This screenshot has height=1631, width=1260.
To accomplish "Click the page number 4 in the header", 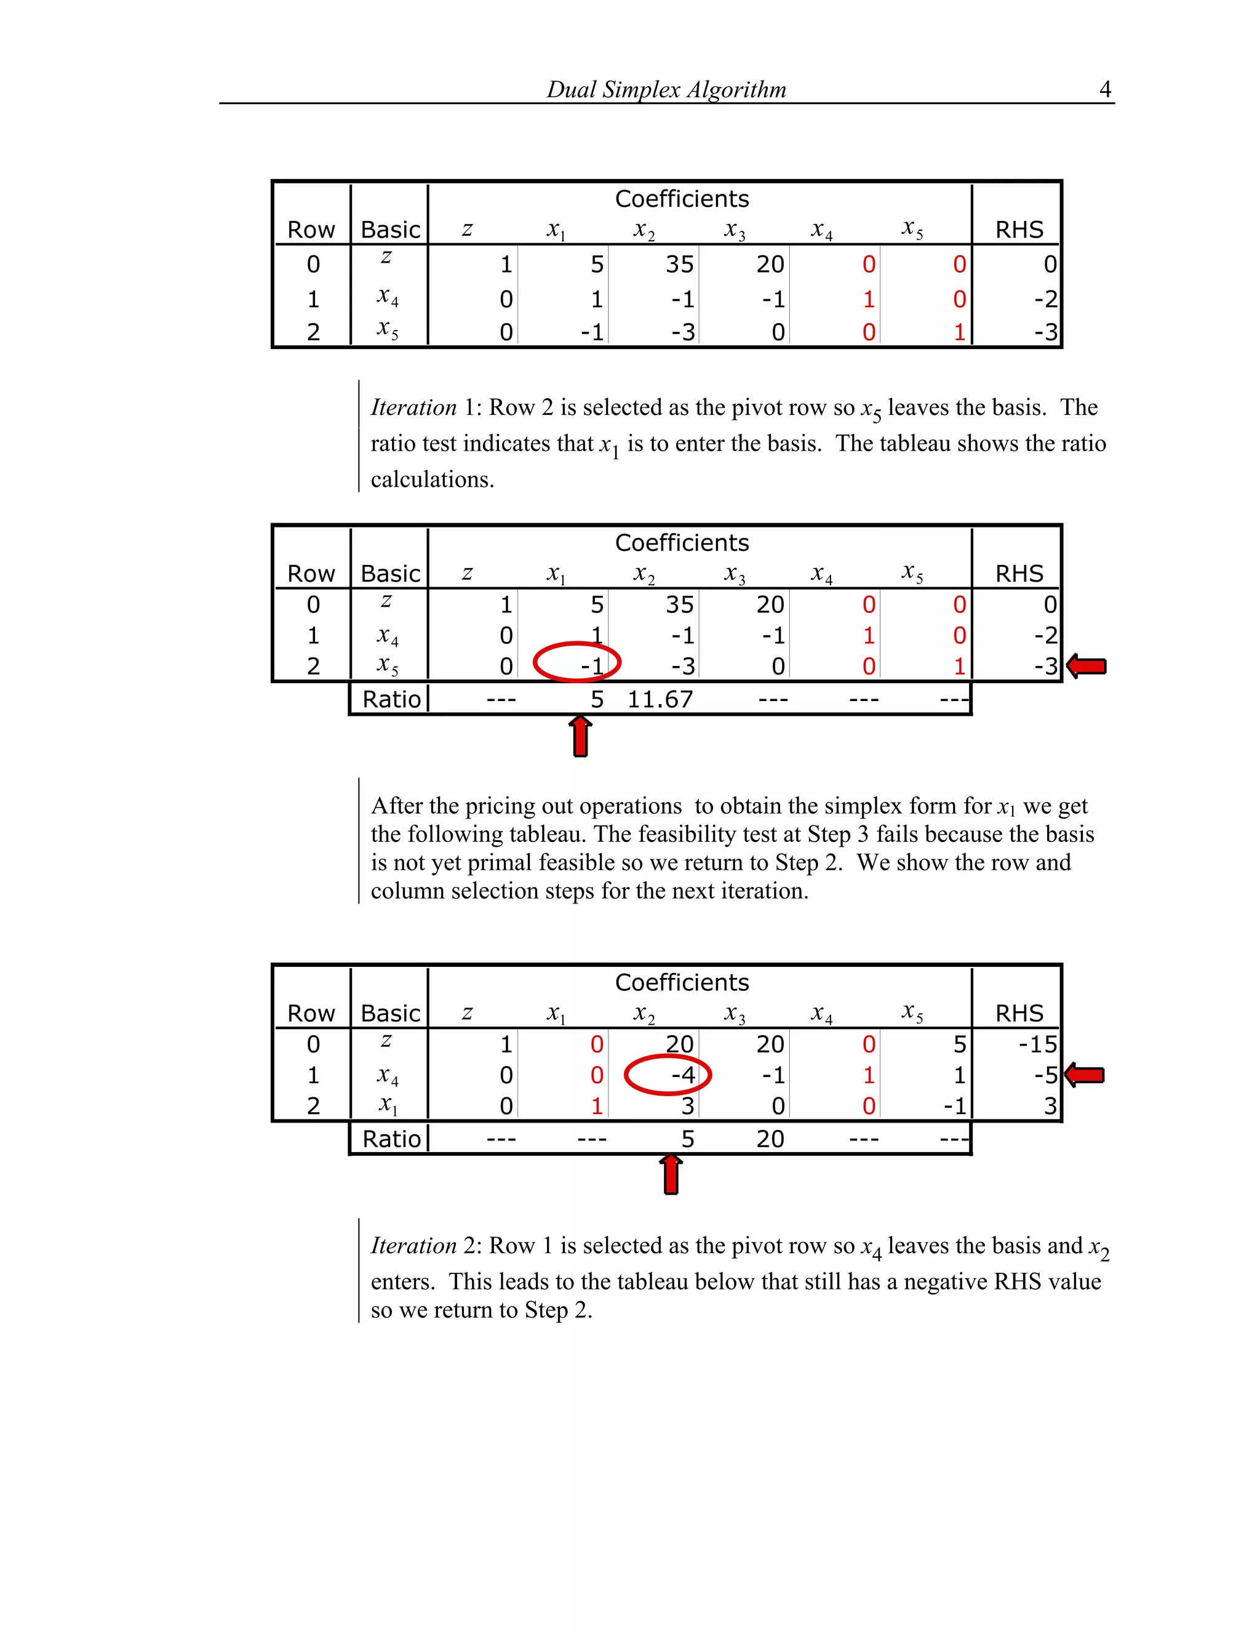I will click(1105, 90).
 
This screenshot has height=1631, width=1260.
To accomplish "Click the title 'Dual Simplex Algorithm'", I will click(666, 90).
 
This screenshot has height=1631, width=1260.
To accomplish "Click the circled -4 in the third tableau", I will click(682, 1075).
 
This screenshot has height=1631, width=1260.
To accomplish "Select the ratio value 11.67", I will click(660, 699).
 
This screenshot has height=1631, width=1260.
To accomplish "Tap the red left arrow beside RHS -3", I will click(1087, 665).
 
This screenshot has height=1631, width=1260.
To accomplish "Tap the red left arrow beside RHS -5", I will click(1085, 1075).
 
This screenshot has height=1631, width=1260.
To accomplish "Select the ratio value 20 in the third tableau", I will click(770, 1139).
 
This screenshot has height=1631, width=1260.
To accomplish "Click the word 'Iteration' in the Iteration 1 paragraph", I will click(413, 407).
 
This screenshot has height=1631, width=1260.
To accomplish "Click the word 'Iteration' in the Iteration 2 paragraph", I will click(413, 1245).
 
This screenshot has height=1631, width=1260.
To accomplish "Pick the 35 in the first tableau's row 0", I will click(679, 265).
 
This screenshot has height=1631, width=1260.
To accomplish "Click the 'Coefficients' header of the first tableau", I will click(682, 199).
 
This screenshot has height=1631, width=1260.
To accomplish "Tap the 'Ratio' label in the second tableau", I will click(391, 699).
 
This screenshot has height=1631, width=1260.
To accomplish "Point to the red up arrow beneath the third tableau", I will click(671, 1175).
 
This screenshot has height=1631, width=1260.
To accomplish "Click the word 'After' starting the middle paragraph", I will click(396, 806).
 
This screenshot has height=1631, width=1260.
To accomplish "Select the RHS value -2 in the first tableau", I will click(1045, 299).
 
